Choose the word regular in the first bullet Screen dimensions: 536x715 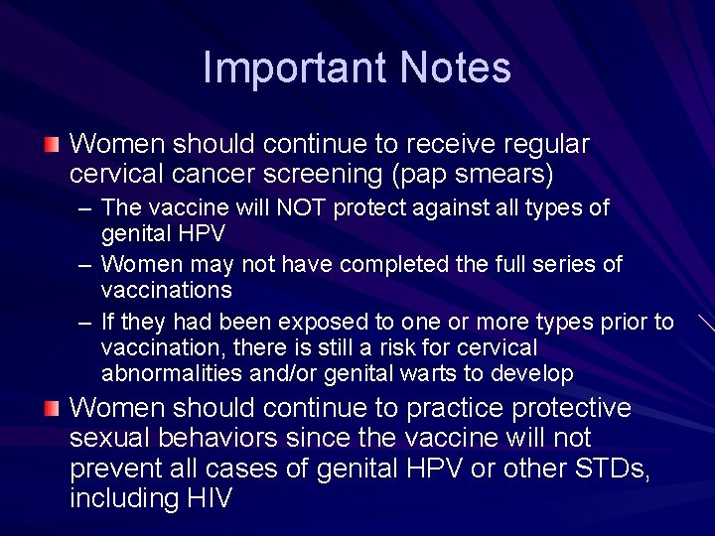[547, 144]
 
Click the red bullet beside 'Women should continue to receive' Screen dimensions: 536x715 [52, 145]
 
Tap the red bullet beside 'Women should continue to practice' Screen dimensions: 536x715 [52, 409]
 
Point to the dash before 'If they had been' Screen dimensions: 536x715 [85, 323]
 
